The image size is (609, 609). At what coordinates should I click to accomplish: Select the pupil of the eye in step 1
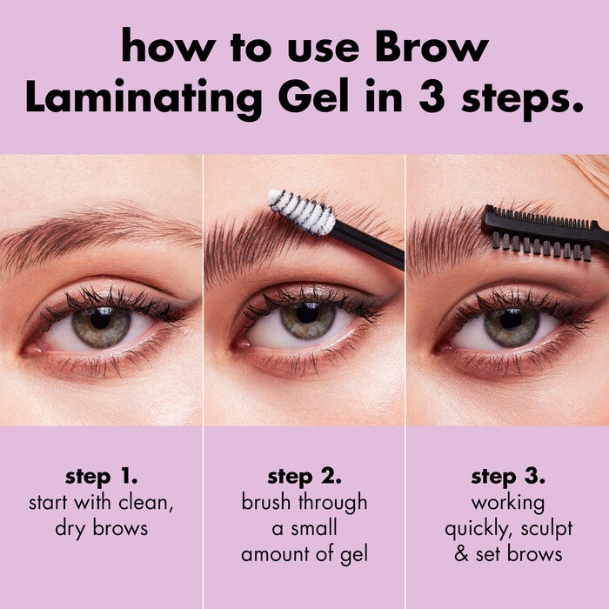point(100,320)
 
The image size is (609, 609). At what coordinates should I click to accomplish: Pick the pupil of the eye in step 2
point(307,319)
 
